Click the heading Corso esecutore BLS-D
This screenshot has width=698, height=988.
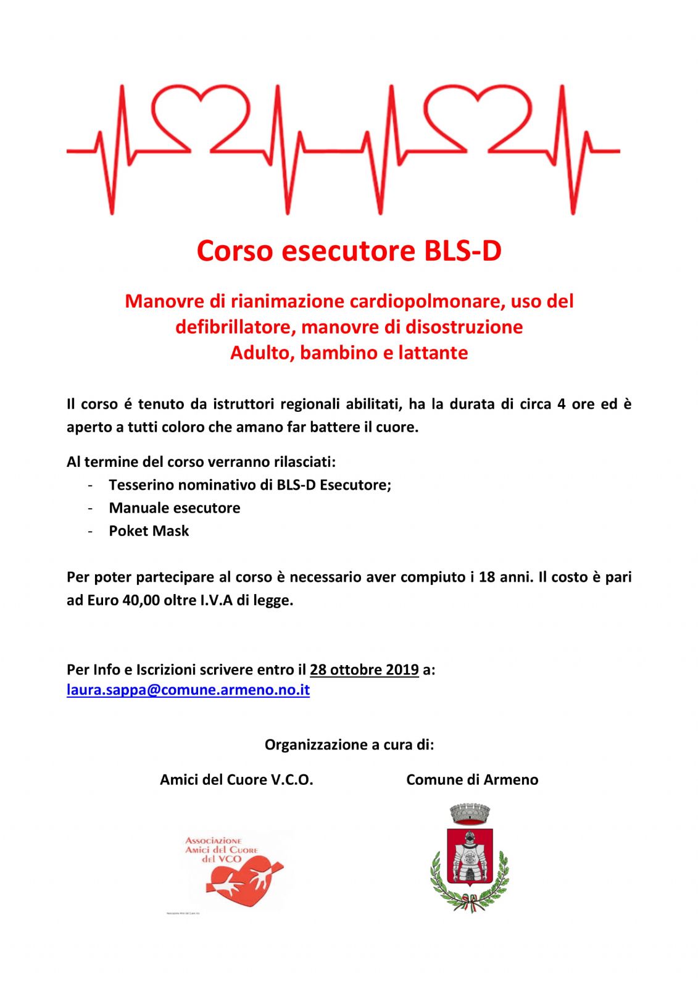(349, 251)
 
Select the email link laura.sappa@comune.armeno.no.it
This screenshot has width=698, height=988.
(188, 690)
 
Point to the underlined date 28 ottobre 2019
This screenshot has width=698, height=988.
(364, 669)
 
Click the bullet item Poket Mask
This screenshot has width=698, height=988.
(149, 531)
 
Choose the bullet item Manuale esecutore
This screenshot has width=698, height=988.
(175, 508)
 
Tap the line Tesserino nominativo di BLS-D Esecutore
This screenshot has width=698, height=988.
(250, 485)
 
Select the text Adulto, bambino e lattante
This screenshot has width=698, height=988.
(349, 353)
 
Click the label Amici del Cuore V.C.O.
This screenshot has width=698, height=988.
(236, 780)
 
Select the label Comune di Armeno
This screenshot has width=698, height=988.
(472, 780)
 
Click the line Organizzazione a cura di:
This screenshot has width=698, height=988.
(349, 745)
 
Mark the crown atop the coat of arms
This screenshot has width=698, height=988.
(470, 814)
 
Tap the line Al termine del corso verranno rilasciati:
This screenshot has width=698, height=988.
(201, 462)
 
